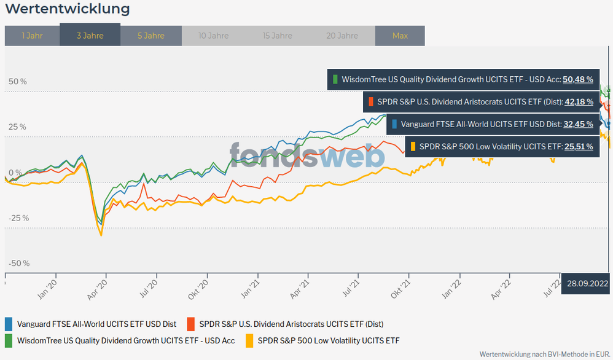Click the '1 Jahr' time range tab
coord(32,35)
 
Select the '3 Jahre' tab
coord(90,35)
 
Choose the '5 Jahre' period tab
coord(151,35)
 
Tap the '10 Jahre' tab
coord(213,35)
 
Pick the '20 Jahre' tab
coord(342,35)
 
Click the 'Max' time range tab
coord(400,35)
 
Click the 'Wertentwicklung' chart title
coord(67,9)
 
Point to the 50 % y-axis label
coord(17,81)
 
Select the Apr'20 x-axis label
coord(96,288)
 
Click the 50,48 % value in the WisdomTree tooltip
coord(578,79)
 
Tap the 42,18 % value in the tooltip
coord(578,101)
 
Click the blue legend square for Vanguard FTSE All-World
coord(9,324)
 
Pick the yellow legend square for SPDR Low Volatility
coord(249,340)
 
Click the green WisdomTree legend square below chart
coord(9,340)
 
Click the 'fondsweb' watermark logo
coord(307,155)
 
